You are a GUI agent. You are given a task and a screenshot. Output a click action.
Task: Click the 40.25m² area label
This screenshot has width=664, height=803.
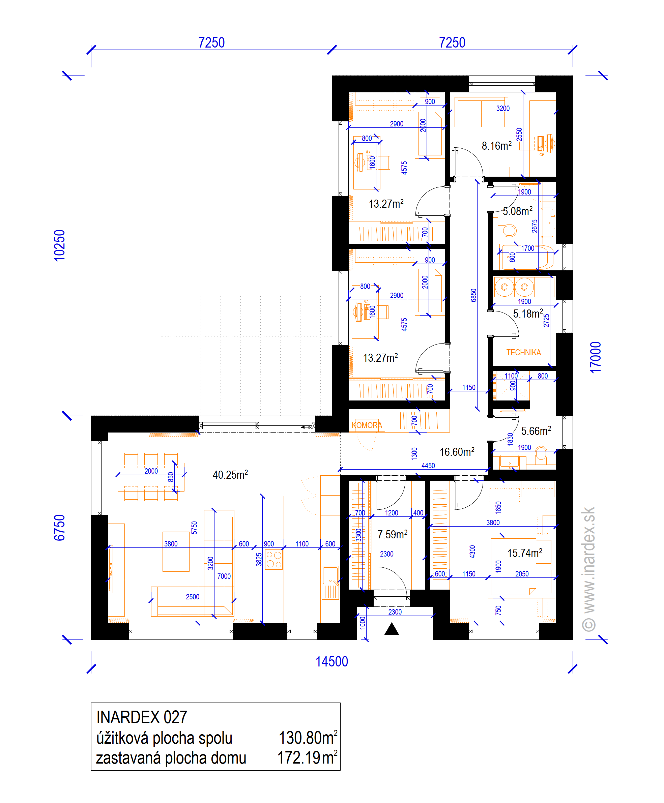pyautogui.click(x=230, y=475)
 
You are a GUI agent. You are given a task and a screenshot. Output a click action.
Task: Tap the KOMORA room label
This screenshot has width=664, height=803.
pyautogui.click(x=367, y=425)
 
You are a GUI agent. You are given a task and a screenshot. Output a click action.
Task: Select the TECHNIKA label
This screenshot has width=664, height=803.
pyautogui.click(x=524, y=353)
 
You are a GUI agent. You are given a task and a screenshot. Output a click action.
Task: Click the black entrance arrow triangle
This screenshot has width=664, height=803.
pyautogui.click(x=392, y=629)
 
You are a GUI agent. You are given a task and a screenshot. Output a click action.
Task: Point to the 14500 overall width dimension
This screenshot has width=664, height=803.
pyautogui.click(x=331, y=661)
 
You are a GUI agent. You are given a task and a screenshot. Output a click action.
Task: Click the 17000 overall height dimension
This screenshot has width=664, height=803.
pyautogui.click(x=596, y=358)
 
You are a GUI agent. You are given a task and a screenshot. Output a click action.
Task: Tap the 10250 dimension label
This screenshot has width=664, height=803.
pyautogui.click(x=60, y=245)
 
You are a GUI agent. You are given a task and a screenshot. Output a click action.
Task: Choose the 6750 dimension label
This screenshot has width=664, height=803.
pyautogui.click(x=60, y=528)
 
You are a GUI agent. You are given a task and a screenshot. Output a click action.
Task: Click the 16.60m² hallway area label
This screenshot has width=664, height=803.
pyautogui.click(x=457, y=452)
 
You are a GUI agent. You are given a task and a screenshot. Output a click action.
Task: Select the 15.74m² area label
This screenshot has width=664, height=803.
pyautogui.click(x=525, y=553)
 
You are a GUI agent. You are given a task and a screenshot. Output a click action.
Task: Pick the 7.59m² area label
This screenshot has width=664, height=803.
pyautogui.click(x=393, y=534)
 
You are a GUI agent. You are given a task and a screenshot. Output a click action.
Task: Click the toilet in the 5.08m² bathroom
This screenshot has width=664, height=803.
pyautogui.click(x=507, y=230)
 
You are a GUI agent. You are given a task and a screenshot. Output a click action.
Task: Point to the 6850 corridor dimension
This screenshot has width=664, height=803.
pyautogui.click(x=473, y=295)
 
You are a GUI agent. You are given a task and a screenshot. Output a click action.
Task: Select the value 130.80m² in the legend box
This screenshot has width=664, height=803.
pyautogui.click(x=308, y=738)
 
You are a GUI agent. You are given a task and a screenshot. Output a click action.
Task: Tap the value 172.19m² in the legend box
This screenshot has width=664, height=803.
pyautogui.click(x=307, y=757)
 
